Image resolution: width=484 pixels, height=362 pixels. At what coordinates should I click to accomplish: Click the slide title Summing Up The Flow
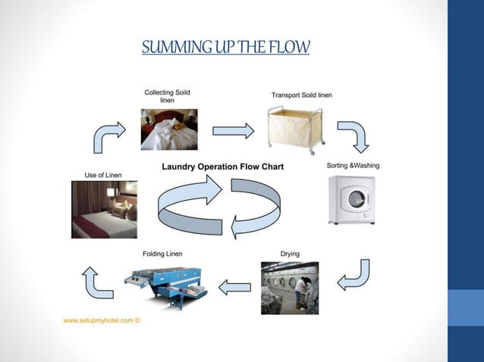click(x=226, y=48)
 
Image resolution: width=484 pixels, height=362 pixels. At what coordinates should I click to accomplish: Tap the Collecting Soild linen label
click(x=167, y=96)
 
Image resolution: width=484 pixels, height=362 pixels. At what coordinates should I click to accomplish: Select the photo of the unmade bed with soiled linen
click(x=168, y=130)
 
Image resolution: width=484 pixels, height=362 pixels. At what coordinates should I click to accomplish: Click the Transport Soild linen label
click(x=301, y=95)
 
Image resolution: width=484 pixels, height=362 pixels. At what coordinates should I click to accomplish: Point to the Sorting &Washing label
click(x=353, y=165)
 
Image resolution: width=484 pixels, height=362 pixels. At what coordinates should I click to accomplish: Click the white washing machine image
click(x=352, y=199)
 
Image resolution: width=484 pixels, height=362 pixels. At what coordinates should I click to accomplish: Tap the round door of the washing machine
click(x=356, y=201)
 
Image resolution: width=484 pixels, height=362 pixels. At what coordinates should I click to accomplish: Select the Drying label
click(x=290, y=254)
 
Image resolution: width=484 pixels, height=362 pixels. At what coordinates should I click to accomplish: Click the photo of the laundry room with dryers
click(x=290, y=288)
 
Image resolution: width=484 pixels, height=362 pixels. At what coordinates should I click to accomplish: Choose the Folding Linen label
click(x=162, y=253)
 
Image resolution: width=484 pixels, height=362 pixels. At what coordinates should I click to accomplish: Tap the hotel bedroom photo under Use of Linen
click(x=105, y=209)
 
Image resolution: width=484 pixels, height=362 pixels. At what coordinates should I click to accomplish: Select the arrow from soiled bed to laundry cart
click(x=233, y=131)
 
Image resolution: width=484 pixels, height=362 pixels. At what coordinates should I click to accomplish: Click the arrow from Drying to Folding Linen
click(x=235, y=287)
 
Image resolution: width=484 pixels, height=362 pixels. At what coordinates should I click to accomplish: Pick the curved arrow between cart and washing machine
click(x=352, y=136)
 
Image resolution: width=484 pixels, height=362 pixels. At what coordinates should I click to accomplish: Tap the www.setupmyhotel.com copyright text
click(x=102, y=320)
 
